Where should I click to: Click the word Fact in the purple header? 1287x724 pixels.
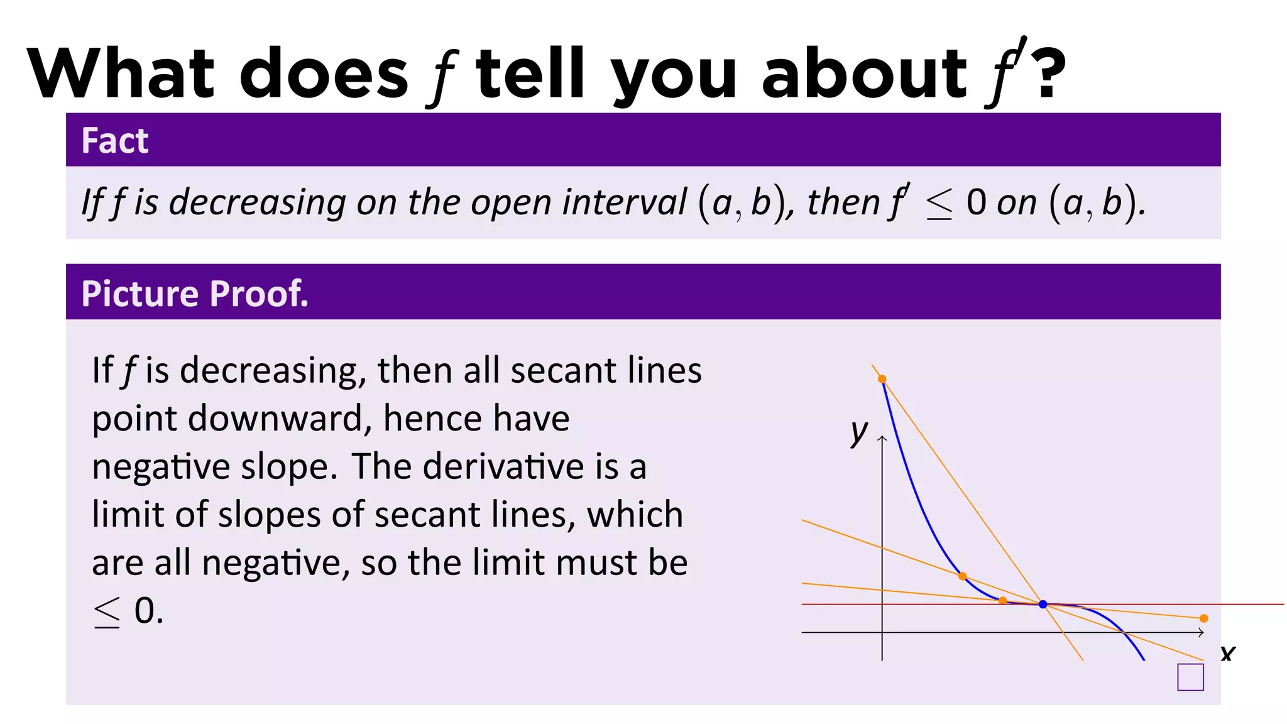(x=115, y=141)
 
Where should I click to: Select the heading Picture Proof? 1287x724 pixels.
(x=195, y=293)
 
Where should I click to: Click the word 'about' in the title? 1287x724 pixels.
(x=864, y=74)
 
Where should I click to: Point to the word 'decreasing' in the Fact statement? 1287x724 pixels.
(x=258, y=203)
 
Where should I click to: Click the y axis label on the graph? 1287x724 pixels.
(x=859, y=432)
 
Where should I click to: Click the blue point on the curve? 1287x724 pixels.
(x=1043, y=605)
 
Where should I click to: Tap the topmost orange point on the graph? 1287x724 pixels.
(x=882, y=379)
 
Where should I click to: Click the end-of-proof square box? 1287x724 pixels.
(x=1190, y=677)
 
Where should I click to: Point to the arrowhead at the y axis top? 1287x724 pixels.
(x=882, y=438)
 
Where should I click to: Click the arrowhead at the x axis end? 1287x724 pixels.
(x=1201, y=633)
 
